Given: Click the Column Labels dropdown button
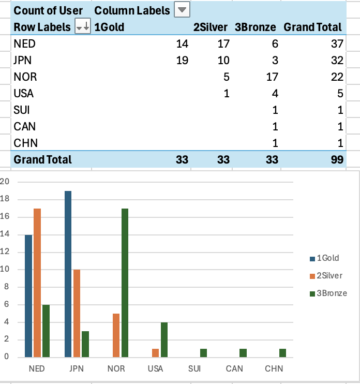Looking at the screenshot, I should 183,10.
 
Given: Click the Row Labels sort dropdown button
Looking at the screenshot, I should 83,27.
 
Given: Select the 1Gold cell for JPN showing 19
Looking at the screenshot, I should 182,61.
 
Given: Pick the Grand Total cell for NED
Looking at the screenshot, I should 337,44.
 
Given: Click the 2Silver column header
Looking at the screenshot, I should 210,27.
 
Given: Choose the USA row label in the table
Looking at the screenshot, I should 24,94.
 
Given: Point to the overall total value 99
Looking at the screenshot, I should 337,159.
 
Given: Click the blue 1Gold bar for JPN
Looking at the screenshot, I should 68,274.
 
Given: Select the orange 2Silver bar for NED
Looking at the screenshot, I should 37,283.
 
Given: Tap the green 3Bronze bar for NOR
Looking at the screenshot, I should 125,283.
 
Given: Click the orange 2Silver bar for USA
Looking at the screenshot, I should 156,352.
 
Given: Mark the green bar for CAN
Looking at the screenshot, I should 244,352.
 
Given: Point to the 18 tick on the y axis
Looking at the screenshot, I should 6,199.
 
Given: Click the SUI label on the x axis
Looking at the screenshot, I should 194,369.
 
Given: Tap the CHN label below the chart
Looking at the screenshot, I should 274,369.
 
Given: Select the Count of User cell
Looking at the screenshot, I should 48,10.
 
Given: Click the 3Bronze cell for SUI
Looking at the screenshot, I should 275,110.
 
